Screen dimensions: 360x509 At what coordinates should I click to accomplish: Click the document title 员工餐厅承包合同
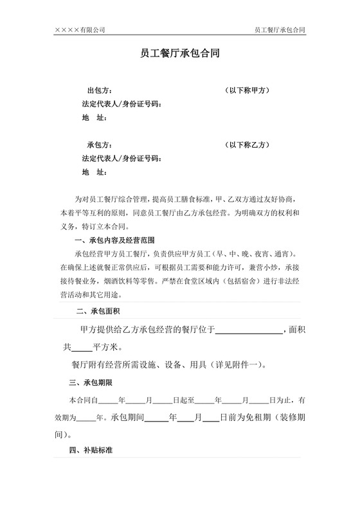click(180, 55)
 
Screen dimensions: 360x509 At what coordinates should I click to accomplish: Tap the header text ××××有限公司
click(80, 30)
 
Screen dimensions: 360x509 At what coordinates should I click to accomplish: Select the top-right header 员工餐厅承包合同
click(280, 30)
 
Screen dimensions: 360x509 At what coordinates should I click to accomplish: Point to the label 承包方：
click(100, 145)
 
